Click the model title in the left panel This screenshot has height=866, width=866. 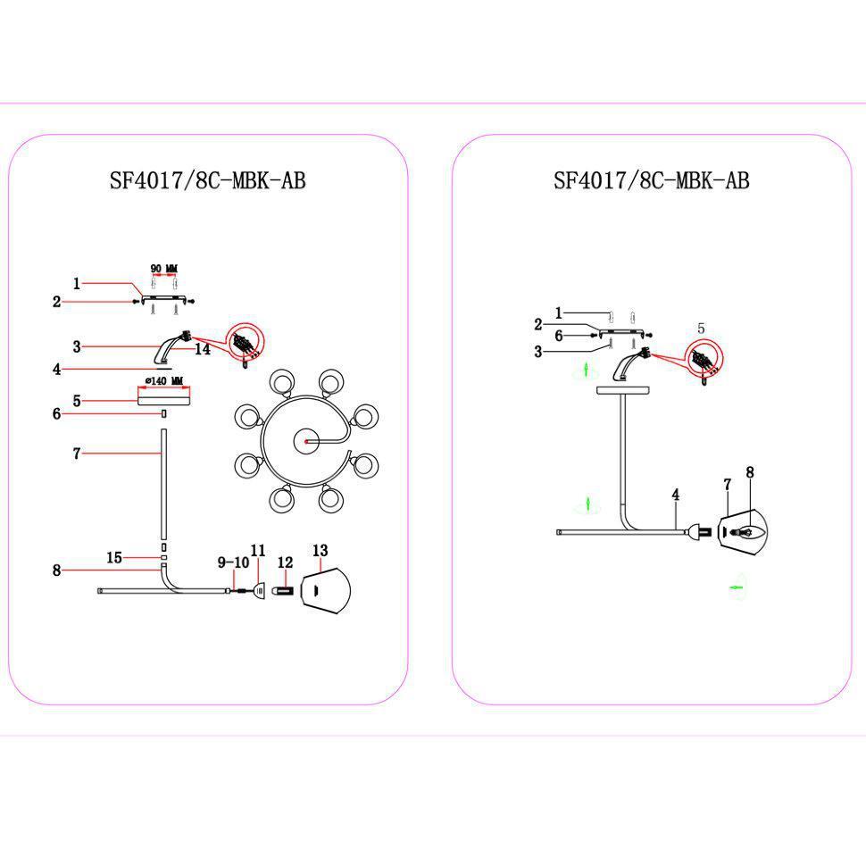[x=207, y=181]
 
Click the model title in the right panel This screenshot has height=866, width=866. [x=651, y=181]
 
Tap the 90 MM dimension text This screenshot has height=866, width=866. [x=163, y=269]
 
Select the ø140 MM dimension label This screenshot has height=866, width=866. [x=162, y=381]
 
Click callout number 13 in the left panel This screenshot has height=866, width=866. [x=321, y=550]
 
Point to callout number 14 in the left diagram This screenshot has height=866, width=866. [x=203, y=350]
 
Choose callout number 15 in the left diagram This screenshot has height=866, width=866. [x=114, y=558]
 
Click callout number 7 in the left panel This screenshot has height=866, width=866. [x=77, y=454]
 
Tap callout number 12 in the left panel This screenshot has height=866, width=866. [x=285, y=562]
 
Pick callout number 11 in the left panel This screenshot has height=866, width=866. [x=258, y=550]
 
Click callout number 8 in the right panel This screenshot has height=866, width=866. [x=750, y=472]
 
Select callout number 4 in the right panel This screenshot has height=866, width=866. [x=676, y=494]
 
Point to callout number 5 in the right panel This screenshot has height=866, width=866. [x=701, y=329]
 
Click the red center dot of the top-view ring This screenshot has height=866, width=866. [x=306, y=441]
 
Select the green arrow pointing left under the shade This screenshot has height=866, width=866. [x=737, y=587]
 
